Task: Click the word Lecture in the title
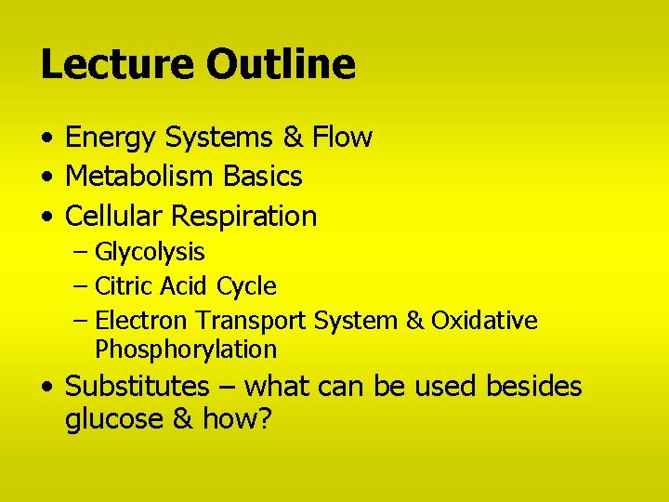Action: pyautogui.click(x=117, y=64)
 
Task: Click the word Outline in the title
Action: pyautogui.click(x=281, y=64)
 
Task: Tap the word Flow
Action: pyautogui.click(x=342, y=138)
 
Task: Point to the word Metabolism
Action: pyautogui.click(x=138, y=176)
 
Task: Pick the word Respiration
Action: pyautogui.click(x=244, y=218)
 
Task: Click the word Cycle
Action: pyautogui.click(x=246, y=286)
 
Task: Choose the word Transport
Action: pyautogui.click(x=251, y=322)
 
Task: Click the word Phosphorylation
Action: pyautogui.click(x=186, y=350)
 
